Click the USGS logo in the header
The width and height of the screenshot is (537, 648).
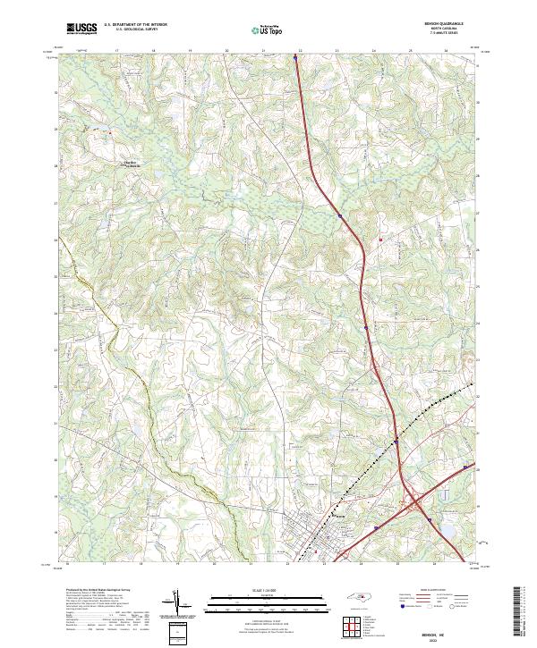(81, 29)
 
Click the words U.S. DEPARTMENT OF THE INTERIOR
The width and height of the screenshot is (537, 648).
(135, 25)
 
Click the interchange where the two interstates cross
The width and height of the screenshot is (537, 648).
(413, 505)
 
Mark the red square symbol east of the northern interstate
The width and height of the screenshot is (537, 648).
(381, 240)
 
